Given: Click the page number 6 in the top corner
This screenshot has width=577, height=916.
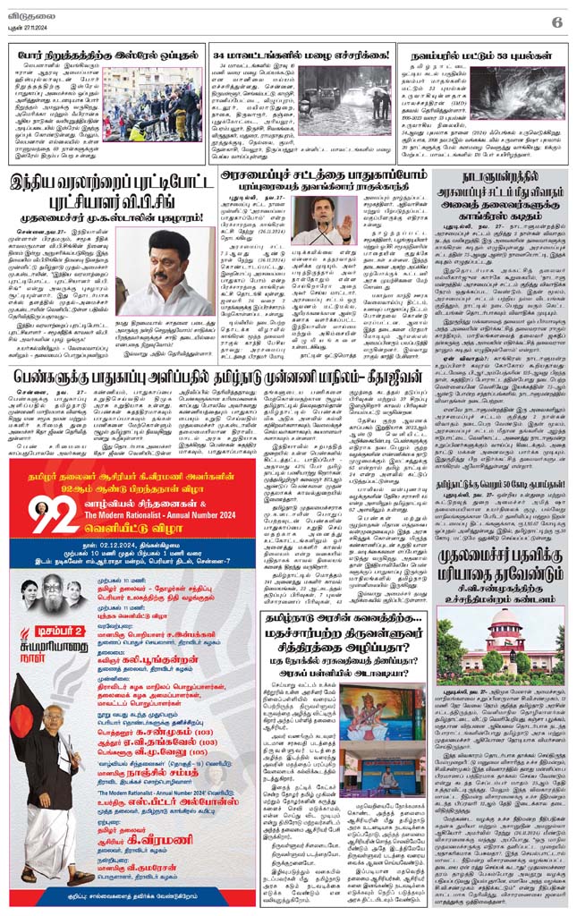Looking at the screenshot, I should point(556,21).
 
